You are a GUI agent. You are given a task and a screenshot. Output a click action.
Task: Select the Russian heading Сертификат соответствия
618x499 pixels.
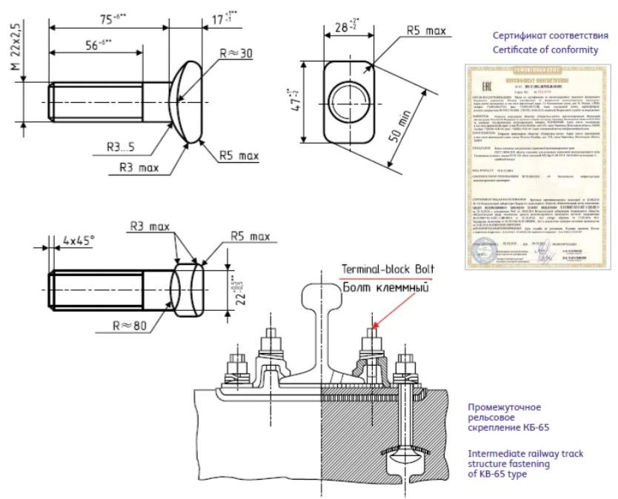point(545,36)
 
